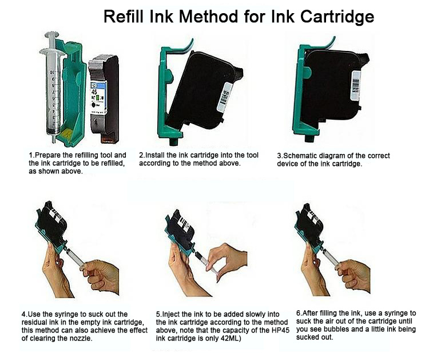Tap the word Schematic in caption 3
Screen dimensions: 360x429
tap(301, 156)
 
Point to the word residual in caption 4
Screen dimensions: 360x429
tap(36, 322)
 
